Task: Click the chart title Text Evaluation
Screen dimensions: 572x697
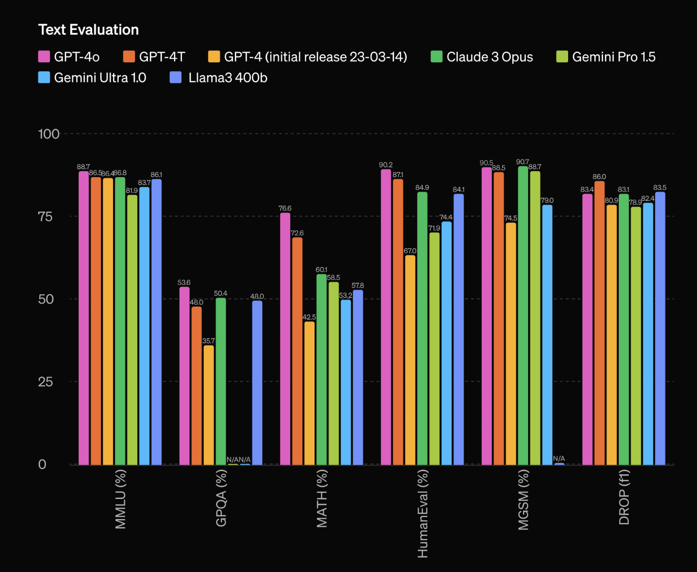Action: tap(88, 30)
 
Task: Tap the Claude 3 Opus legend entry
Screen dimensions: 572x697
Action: tap(482, 57)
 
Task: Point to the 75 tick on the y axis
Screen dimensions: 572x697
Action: tap(45, 216)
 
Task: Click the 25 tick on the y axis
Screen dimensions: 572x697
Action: tap(45, 382)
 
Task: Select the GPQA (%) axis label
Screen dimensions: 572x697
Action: tap(221, 498)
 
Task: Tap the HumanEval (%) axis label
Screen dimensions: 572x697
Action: tap(422, 513)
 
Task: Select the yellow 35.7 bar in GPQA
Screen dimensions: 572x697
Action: tap(209, 405)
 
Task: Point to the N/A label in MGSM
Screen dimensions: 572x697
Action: tap(559, 459)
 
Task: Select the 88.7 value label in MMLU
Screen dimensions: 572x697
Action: tap(83, 167)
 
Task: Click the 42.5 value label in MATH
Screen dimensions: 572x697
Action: tap(309, 317)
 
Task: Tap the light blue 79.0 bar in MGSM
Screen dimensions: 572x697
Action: tap(547, 334)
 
